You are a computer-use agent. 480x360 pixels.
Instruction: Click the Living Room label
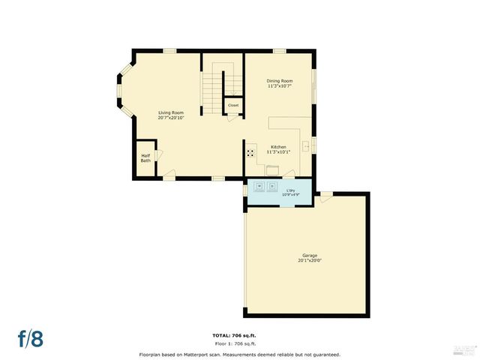(171, 112)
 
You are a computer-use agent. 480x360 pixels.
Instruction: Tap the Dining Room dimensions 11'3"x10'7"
(280, 86)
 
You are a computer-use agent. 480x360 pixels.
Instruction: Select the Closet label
(233, 106)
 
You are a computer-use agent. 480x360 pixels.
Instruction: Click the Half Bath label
(145, 158)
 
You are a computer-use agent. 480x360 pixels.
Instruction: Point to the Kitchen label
(278, 146)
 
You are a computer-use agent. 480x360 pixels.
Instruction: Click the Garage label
(310, 256)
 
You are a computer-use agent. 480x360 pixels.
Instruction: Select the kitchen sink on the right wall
(307, 145)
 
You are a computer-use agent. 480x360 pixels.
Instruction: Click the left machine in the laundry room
(259, 185)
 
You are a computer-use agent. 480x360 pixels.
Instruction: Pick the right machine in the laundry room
(273, 185)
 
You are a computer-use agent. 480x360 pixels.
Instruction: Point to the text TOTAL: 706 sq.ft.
(239, 335)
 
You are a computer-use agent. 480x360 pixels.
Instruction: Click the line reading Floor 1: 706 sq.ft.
(239, 343)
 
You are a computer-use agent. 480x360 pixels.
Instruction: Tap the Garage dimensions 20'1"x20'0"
(310, 261)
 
